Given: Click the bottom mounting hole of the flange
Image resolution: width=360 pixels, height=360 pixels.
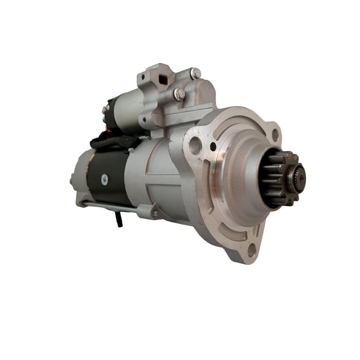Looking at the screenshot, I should click(251, 251).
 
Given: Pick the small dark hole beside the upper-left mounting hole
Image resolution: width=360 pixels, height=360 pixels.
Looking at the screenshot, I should click(213, 147).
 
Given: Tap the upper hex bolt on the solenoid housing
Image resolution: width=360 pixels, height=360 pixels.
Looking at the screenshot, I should click(195, 74).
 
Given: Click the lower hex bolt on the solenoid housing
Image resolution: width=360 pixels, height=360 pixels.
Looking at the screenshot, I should click(179, 94).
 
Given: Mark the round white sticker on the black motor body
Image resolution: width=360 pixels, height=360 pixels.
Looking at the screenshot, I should click(105, 178).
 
